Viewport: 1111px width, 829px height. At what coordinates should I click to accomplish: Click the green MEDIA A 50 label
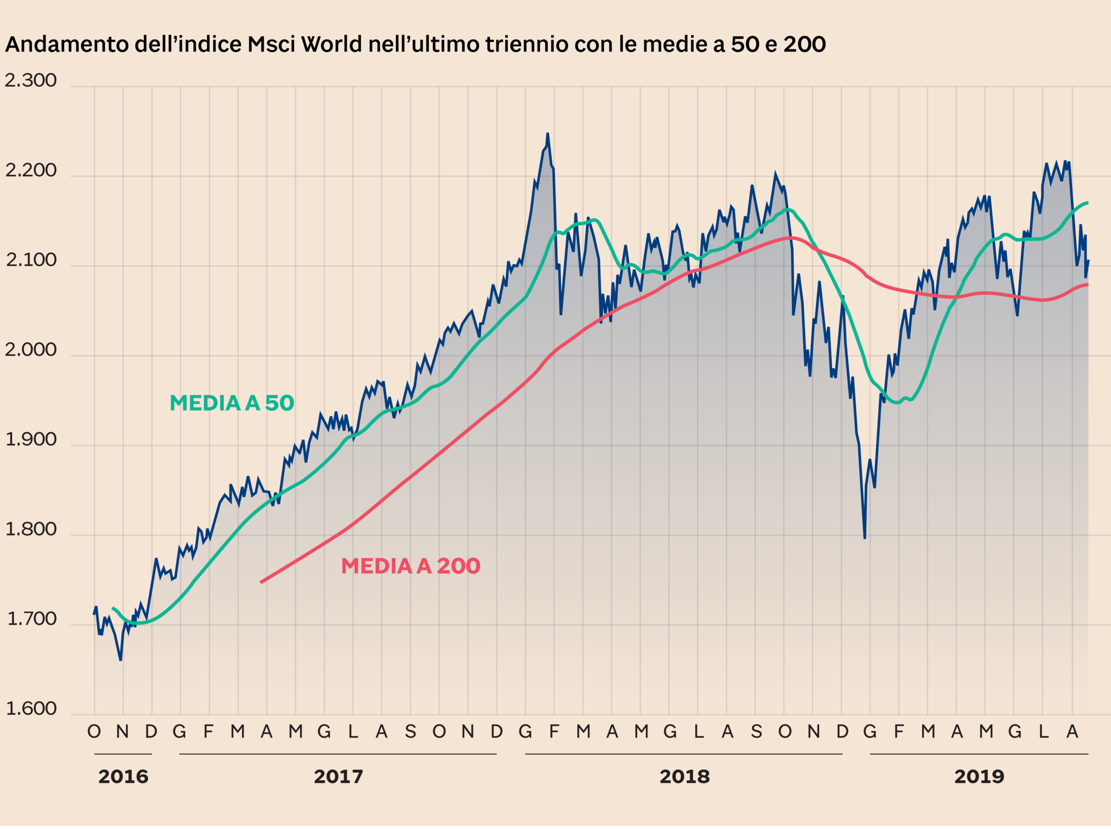tap(232, 403)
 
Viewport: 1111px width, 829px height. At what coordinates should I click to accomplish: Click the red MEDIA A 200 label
tap(411, 566)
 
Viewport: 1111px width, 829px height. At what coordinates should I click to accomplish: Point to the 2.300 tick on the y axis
tap(31, 80)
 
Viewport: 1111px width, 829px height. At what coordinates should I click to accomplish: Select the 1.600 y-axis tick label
tap(31, 709)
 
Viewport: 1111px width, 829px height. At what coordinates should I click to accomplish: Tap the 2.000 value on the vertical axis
tap(31, 350)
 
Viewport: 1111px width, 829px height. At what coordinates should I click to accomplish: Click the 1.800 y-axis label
tap(31, 529)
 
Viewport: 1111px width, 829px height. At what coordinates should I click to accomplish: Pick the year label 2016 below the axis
tap(123, 777)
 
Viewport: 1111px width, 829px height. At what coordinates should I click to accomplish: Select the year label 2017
tap(338, 777)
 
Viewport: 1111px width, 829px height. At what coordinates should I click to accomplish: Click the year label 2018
tap(684, 777)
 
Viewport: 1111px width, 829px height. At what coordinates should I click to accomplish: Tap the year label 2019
tap(979, 777)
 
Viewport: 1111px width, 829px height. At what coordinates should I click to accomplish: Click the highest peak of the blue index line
tap(547, 133)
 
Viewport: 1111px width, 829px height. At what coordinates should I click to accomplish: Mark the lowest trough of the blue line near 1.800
tap(865, 538)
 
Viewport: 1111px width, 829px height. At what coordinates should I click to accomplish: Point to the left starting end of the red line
tap(261, 582)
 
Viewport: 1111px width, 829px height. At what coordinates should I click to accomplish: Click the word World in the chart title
tap(331, 44)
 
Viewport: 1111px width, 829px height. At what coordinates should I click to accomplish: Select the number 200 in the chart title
tap(804, 44)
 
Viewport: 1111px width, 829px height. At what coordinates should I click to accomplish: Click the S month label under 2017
tap(410, 732)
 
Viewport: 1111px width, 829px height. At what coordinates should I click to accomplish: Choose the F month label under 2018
tap(554, 732)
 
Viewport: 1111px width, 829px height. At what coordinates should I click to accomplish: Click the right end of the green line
tap(1087, 203)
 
